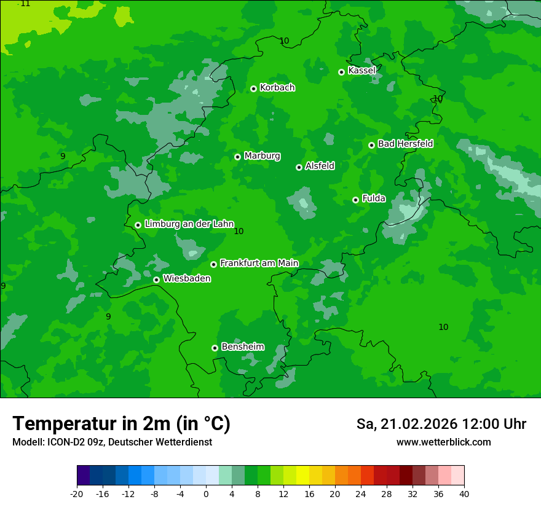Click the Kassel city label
pyautogui.click(x=361, y=71)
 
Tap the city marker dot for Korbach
pyautogui.click(x=253, y=88)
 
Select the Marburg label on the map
pyautogui.click(x=262, y=156)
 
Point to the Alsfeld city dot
pyautogui.click(x=299, y=167)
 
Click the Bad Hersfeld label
pyautogui.click(x=405, y=144)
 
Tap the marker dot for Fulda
pyautogui.click(x=355, y=200)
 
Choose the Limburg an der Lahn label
pyautogui.click(x=189, y=224)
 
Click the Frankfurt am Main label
pyautogui.click(x=259, y=263)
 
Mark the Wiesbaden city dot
pyautogui.click(x=156, y=280)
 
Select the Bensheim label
pyautogui.click(x=242, y=347)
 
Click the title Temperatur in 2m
pyautogui.click(x=121, y=423)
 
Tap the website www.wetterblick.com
pyautogui.click(x=443, y=442)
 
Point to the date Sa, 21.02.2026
pyautogui.click(x=406, y=424)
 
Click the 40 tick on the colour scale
pyautogui.click(x=464, y=493)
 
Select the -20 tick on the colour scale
pyautogui.click(x=77, y=493)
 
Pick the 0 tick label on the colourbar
pyautogui.click(x=206, y=493)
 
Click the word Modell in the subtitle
pyautogui.click(x=27, y=442)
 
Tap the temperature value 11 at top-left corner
pyautogui.click(x=24, y=4)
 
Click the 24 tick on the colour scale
pyautogui.click(x=361, y=493)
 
